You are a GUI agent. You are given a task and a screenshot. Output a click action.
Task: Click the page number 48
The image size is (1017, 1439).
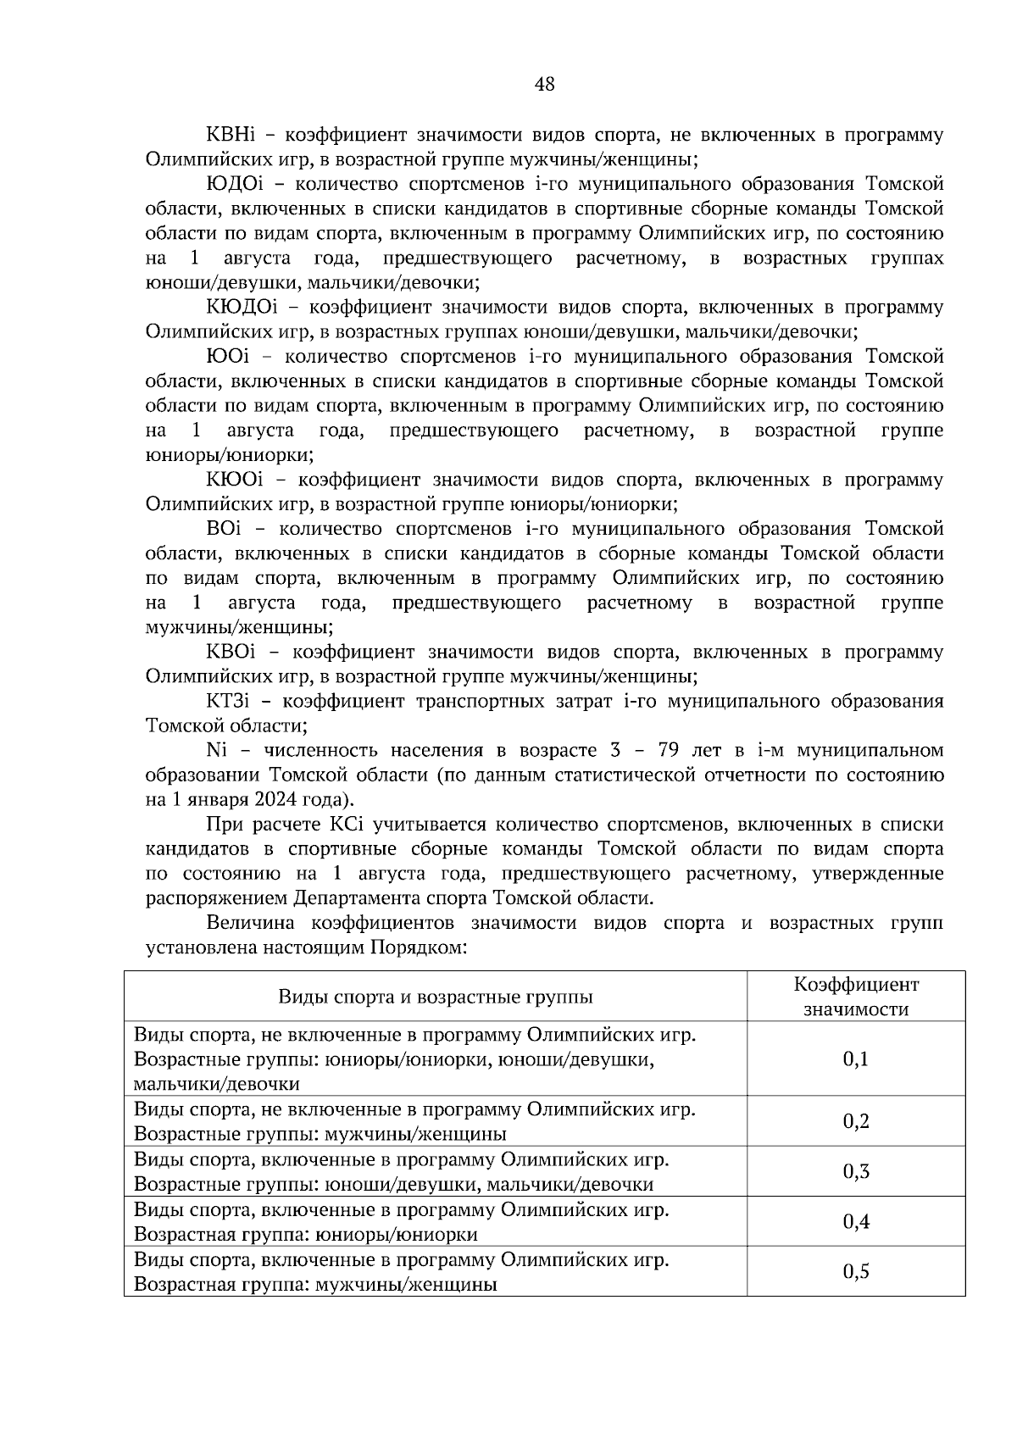coord(545,84)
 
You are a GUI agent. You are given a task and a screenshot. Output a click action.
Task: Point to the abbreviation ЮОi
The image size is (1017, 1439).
coord(230,357)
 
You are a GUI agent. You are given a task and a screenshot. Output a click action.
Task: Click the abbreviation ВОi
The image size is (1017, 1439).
coord(225,529)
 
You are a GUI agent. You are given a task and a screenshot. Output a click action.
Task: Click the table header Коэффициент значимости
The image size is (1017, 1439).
coord(855,997)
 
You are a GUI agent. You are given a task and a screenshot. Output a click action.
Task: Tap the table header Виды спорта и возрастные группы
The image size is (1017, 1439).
coord(436,997)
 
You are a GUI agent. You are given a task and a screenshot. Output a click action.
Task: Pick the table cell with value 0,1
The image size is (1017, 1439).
coord(855,1058)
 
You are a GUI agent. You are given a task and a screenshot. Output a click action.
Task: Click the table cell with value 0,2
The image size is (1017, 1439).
coord(855,1121)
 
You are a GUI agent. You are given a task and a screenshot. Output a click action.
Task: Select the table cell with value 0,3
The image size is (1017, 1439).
coord(855,1171)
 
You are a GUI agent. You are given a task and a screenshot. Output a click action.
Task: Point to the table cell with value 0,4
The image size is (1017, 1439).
coord(855,1221)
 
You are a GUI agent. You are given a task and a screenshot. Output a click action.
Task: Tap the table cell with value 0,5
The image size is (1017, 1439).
coord(855,1271)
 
